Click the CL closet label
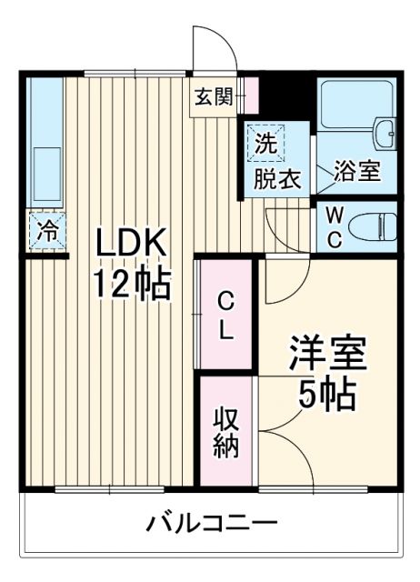pyautogui.click(x=226, y=315)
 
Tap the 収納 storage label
pyautogui.click(x=225, y=432)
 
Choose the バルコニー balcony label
pyautogui.click(x=212, y=525)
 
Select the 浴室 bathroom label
pyautogui.click(x=356, y=171)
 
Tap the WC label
pyautogui.click(x=335, y=227)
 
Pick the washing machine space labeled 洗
pyautogui.click(x=265, y=142)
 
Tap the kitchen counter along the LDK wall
pyautogui.click(x=44, y=145)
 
